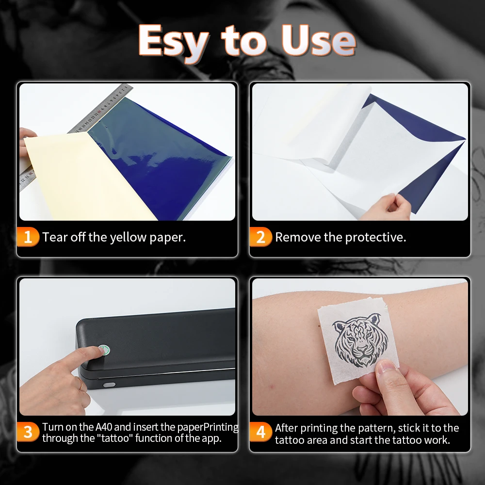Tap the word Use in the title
tap(319, 40)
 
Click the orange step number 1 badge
tap(28, 237)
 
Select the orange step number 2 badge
tap(260, 237)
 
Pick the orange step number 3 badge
tap(28, 432)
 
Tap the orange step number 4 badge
tap(260, 432)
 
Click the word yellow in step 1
tap(128, 238)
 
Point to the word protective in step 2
tap(375, 238)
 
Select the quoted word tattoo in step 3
tap(115, 438)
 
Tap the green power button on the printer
tap(104, 350)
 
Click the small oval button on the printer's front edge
tap(109, 385)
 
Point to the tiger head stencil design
tap(360, 340)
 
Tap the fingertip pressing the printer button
tap(98, 351)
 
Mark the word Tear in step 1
tap(54, 237)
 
